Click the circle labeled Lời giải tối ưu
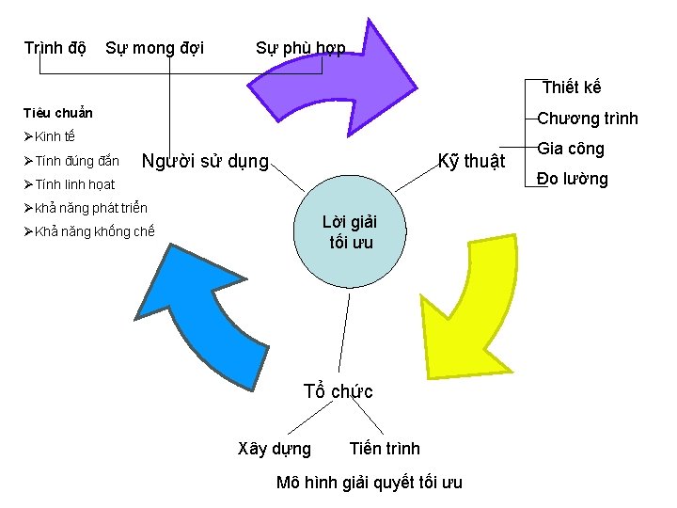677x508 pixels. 350,232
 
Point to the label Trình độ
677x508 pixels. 55,48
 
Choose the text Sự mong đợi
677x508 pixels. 154,48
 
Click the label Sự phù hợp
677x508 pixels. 300,48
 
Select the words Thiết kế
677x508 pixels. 572,87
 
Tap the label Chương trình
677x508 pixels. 588,119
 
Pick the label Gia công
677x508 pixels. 571,149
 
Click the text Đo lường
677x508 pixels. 573,179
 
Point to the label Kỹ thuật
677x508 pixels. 472,161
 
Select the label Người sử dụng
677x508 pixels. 205,161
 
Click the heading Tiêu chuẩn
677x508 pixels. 58,113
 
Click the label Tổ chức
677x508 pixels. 338,391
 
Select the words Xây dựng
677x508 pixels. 276,449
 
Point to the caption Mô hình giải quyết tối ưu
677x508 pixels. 370,483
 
